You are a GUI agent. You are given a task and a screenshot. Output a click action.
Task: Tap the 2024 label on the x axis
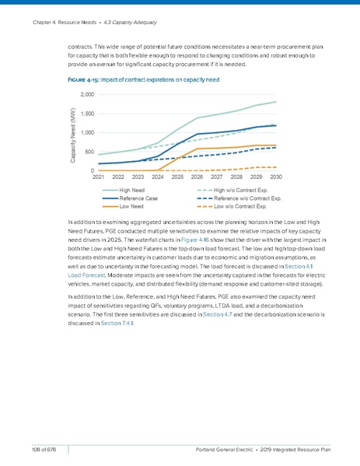coord(158,177)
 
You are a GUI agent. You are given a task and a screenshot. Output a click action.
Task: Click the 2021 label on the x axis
coord(99,177)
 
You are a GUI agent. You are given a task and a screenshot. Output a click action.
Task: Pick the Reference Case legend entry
coord(139,198)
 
